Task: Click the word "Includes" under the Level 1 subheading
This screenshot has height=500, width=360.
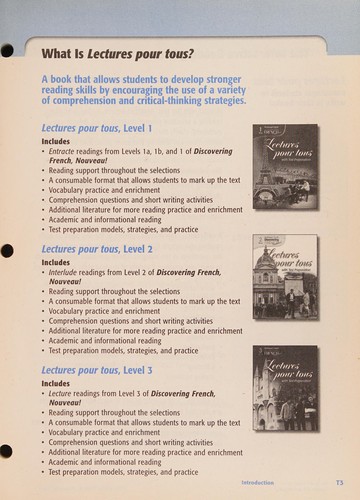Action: (x=56, y=141)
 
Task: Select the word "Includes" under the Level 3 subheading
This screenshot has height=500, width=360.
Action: (x=56, y=383)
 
